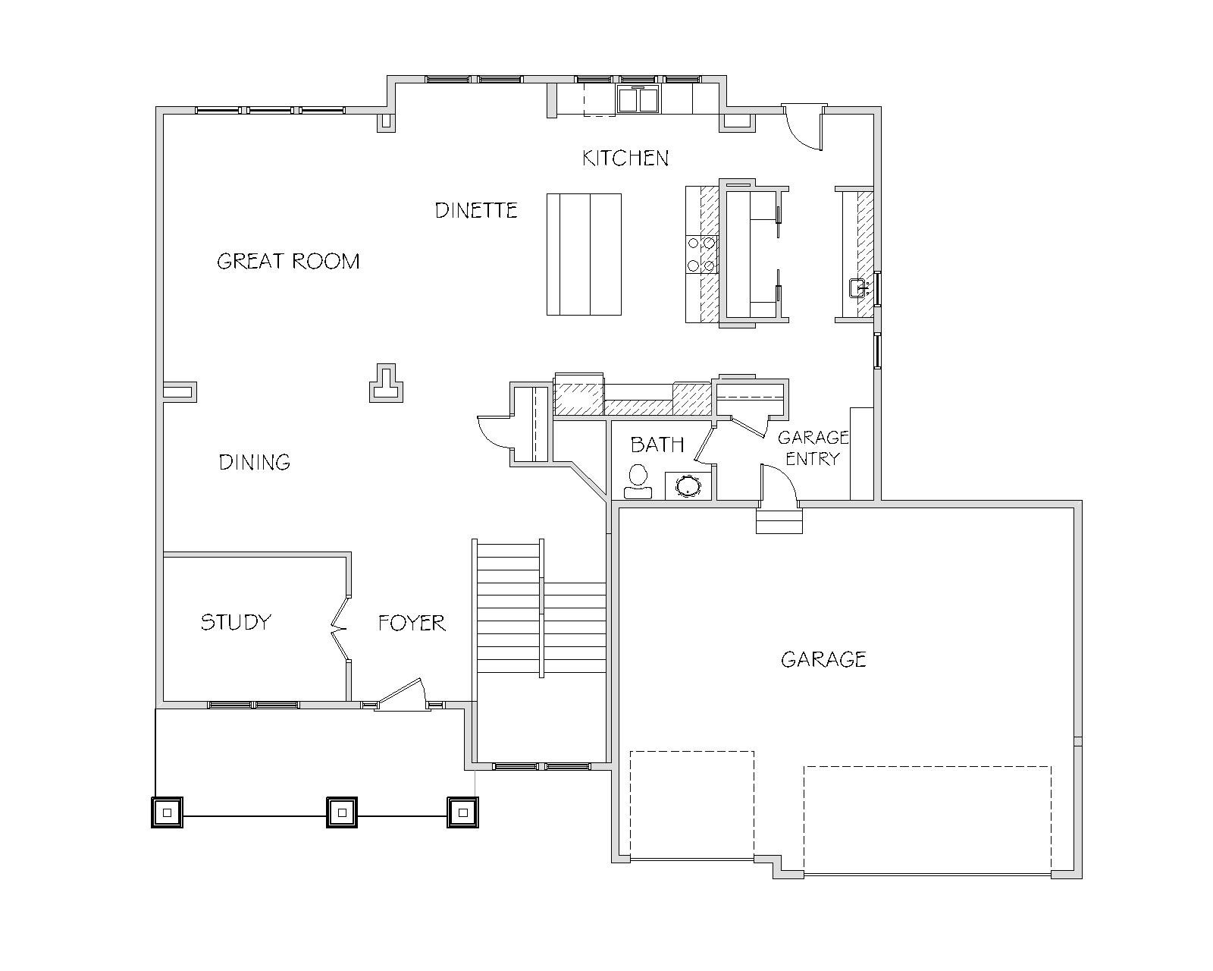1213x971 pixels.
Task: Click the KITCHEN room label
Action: click(625, 158)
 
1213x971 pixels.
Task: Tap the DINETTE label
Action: click(476, 210)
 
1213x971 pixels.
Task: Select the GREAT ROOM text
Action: click(288, 261)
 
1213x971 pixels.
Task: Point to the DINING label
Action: click(255, 463)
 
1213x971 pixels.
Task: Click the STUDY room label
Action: click(237, 622)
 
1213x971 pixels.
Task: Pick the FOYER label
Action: click(412, 623)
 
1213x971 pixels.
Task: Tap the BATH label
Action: click(657, 445)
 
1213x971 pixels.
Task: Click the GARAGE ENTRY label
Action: click(813, 448)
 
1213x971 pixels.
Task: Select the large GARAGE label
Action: click(823, 659)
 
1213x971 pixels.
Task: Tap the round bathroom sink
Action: click(688, 485)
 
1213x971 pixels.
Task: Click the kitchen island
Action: click(584, 254)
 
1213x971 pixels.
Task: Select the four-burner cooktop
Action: click(702, 254)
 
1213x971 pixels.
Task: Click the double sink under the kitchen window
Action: click(638, 99)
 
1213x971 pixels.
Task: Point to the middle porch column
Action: click(342, 812)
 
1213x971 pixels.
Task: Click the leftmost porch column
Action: click(167, 812)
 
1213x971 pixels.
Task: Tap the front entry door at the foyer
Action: click(401, 695)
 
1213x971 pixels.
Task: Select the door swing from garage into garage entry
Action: click(778, 482)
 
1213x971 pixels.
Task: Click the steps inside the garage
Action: click(779, 520)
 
